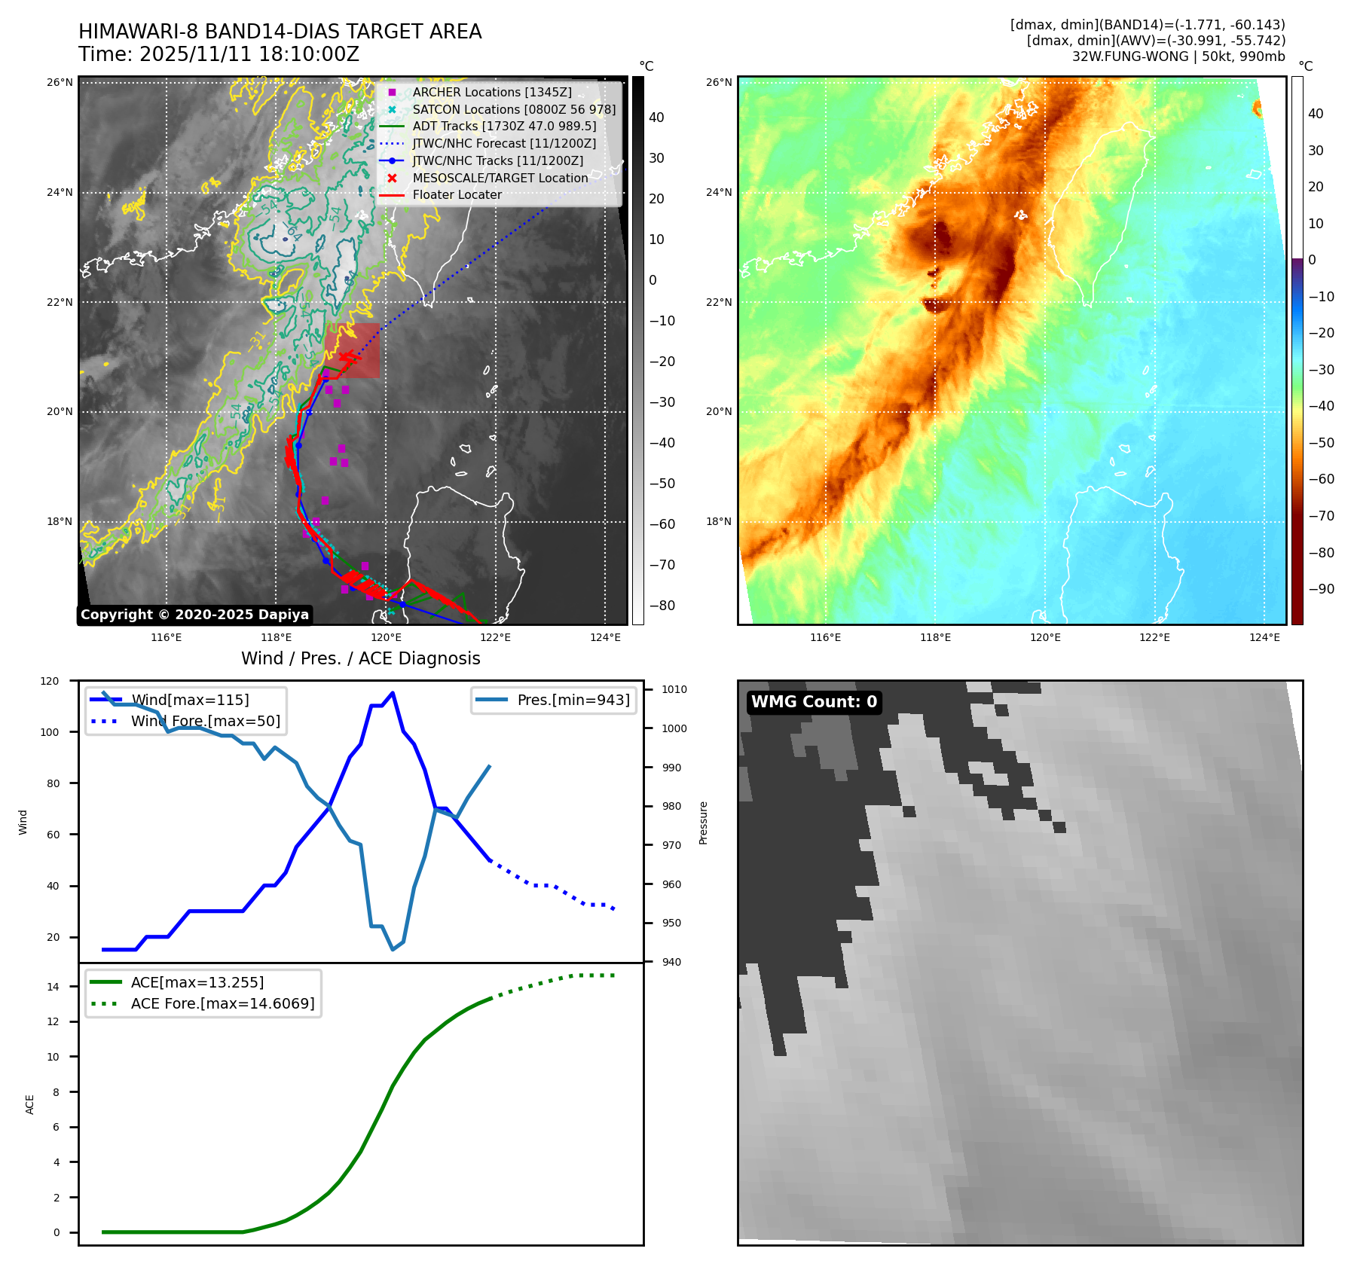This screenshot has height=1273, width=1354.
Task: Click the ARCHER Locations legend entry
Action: coord(491,92)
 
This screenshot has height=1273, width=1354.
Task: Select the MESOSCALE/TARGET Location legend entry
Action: coord(500,178)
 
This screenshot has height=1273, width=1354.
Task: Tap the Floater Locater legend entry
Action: coord(457,194)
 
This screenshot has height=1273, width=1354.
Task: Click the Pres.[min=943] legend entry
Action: coord(573,700)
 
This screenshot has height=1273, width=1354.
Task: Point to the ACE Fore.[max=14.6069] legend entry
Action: coord(222,1003)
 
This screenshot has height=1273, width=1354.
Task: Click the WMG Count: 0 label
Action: coord(814,702)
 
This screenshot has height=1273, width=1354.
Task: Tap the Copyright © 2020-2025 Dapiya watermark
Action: coord(194,615)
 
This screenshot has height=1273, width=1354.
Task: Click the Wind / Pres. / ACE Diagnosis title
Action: coord(360,658)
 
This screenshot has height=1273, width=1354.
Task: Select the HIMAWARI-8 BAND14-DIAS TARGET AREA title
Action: coord(280,32)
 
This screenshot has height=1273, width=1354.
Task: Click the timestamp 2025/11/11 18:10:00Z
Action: coord(249,54)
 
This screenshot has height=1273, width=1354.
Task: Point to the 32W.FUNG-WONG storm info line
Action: coord(1178,56)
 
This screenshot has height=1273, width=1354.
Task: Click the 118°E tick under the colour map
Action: coord(935,637)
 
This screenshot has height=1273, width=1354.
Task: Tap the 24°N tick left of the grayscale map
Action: coord(60,192)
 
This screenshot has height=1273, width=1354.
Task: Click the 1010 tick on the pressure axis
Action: coord(674,689)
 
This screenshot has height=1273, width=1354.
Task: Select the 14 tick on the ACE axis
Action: coord(53,987)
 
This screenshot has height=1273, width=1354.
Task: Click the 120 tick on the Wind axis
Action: coord(50,681)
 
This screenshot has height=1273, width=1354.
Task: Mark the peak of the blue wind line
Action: coord(393,693)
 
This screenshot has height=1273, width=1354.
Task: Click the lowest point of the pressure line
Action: coord(393,949)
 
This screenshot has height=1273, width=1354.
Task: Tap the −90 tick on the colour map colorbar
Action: coord(1321,589)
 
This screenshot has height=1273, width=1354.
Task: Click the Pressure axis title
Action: coord(703,823)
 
